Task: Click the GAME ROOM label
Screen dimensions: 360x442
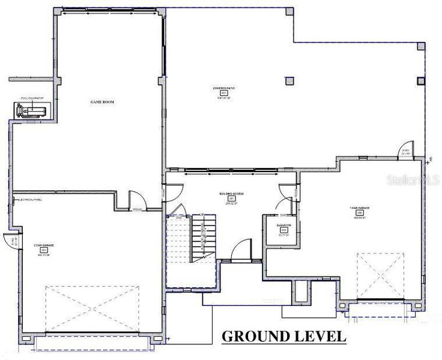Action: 102,102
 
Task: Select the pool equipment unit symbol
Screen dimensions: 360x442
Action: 34,110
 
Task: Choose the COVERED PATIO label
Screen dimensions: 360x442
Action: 223,88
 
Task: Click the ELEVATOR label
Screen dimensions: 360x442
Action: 284,225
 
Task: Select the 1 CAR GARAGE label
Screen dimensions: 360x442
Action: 360,208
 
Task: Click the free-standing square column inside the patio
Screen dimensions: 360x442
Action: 290,80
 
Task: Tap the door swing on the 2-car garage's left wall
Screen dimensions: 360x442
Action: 10,240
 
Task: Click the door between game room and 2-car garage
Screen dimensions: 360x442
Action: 136,200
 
